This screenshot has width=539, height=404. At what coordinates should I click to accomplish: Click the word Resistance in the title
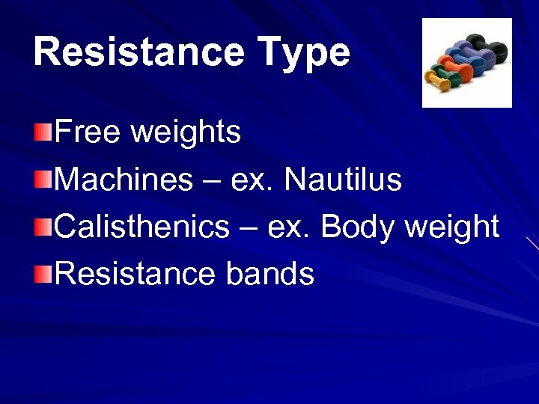click(x=138, y=52)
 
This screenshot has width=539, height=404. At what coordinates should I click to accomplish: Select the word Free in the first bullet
click(x=88, y=132)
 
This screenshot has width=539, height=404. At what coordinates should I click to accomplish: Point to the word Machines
click(x=124, y=180)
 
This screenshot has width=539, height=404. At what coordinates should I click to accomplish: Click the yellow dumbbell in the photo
click(x=438, y=81)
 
